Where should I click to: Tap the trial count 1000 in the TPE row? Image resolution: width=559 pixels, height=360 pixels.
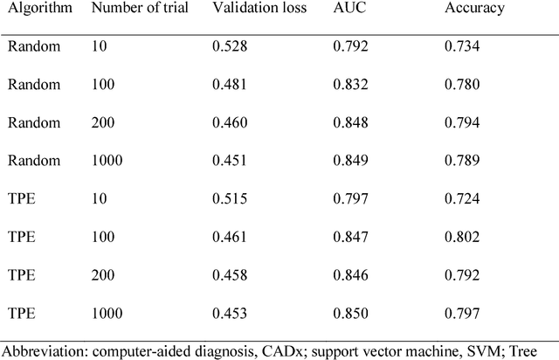coord(109,312)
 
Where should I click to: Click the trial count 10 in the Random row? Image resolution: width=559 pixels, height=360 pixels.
coord(100,47)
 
